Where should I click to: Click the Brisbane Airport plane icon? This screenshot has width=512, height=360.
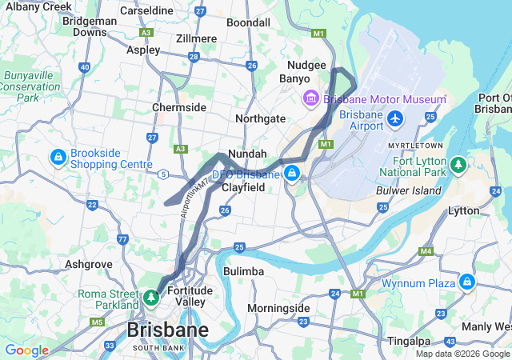[x=394, y=119]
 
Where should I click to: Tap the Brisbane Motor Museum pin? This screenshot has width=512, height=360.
[x=310, y=98]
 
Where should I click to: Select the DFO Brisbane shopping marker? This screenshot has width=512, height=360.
[x=293, y=173]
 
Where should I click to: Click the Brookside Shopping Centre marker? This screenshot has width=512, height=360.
[x=58, y=157]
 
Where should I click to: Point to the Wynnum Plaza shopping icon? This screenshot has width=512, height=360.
[x=466, y=282]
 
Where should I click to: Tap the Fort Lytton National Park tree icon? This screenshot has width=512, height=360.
[x=458, y=166]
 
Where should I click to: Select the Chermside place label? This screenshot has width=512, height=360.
[x=179, y=107]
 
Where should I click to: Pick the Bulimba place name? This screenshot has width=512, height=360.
[x=243, y=272]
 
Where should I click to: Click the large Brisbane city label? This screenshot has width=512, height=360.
[x=168, y=330]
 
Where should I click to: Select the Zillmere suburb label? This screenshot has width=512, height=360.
[x=196, y=38]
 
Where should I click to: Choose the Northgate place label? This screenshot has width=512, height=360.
[x=260, y=118]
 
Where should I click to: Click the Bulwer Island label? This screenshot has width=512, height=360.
[x=409, y=190]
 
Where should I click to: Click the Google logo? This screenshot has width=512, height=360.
[x=26, y=350]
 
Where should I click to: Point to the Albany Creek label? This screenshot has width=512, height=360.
[x=35, y=6]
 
